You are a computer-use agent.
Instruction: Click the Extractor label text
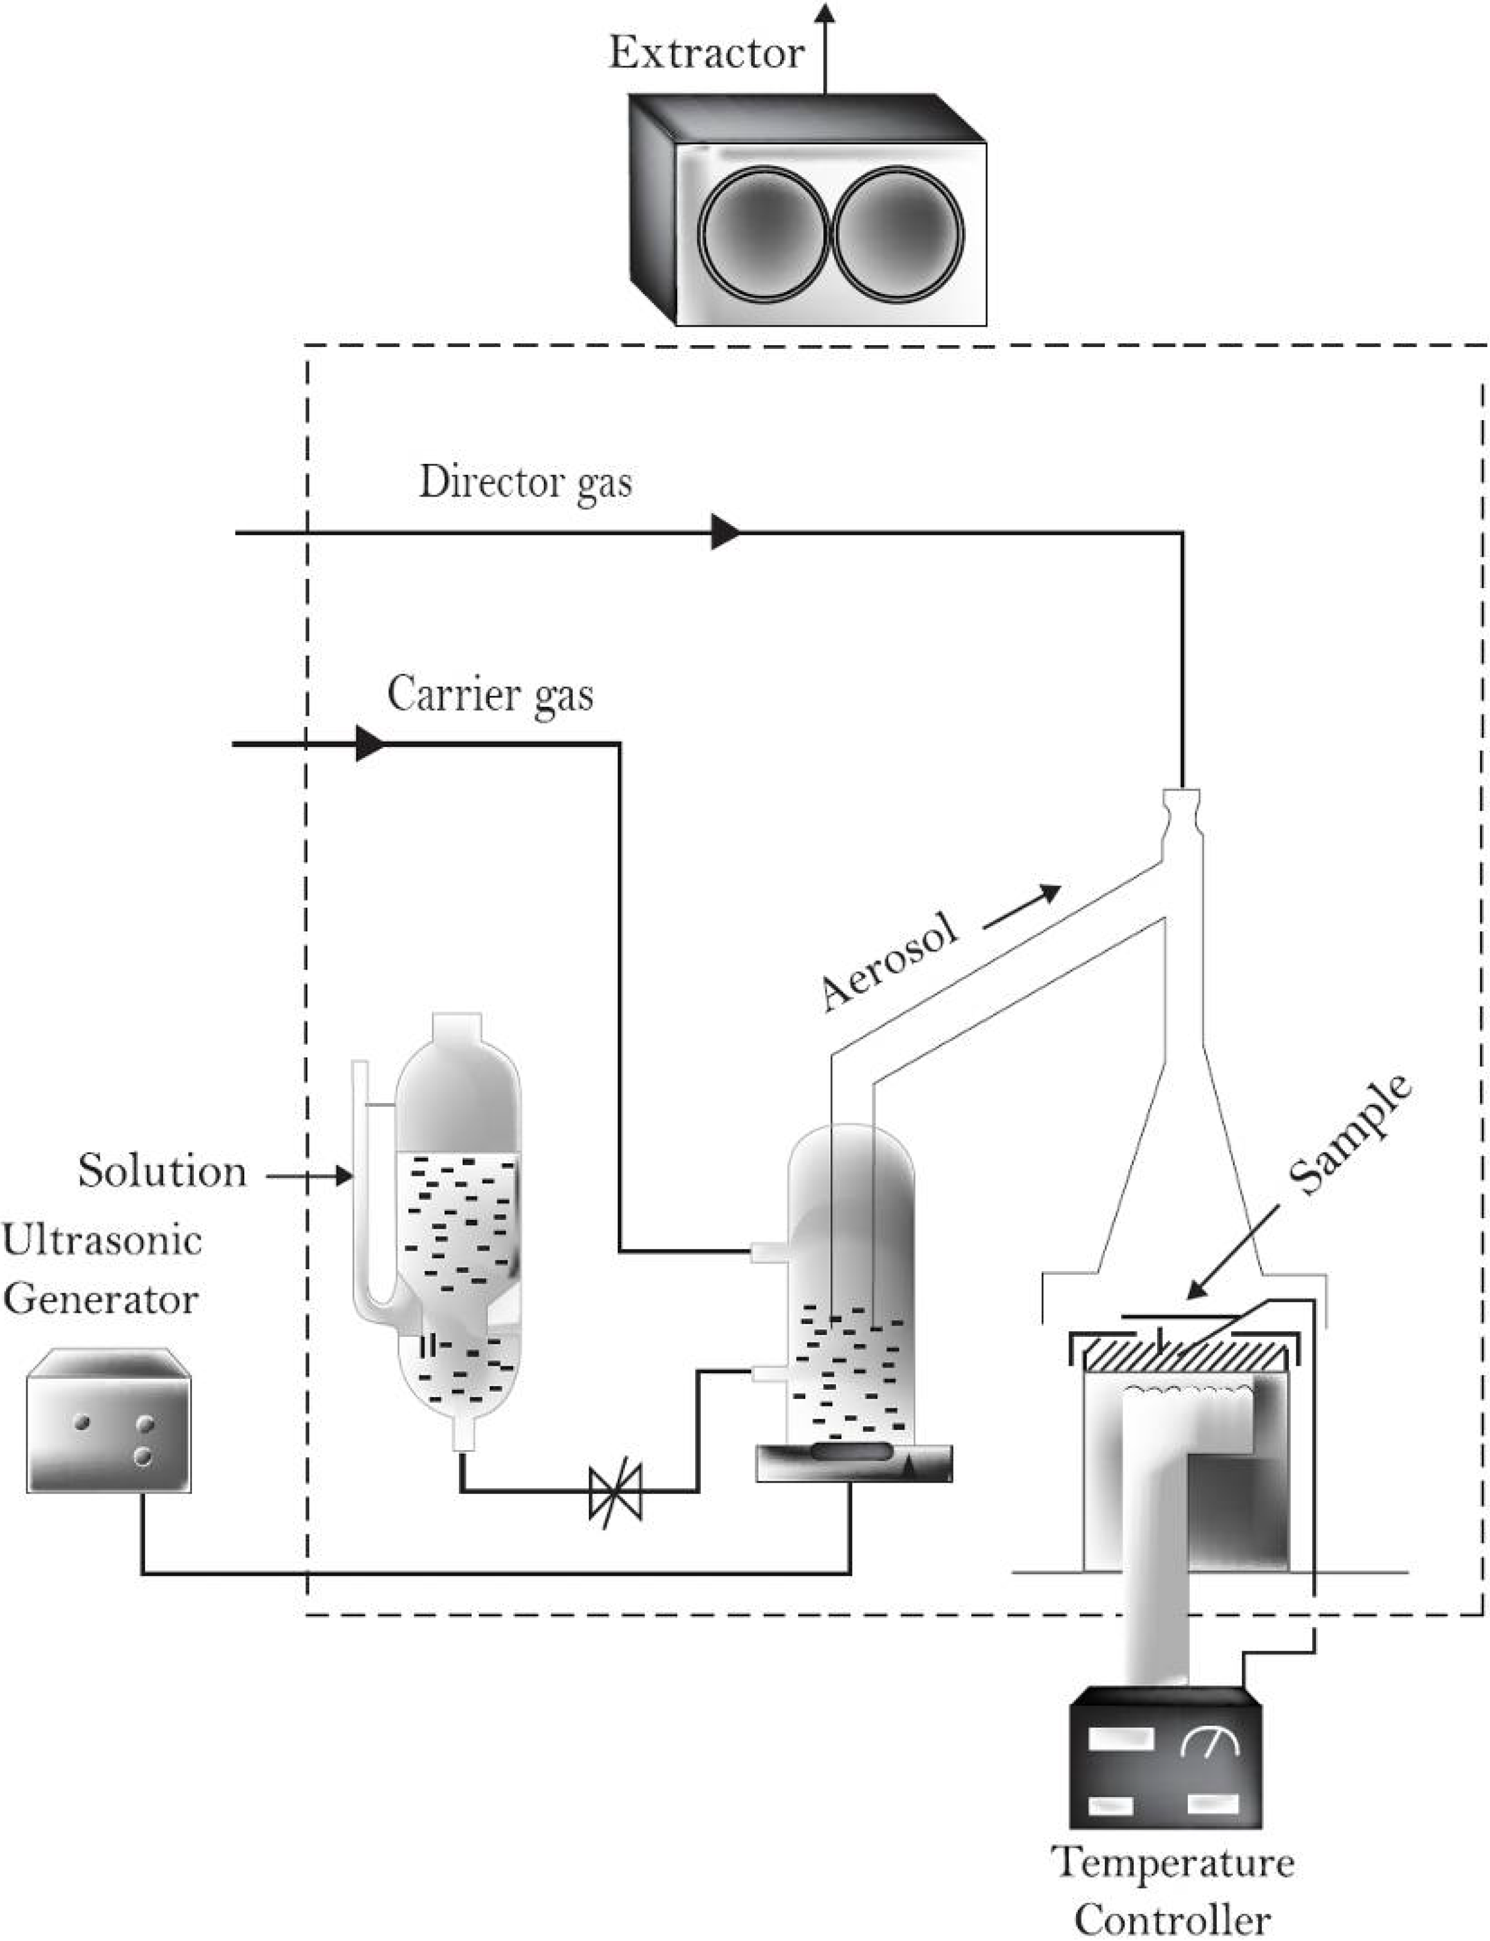[x=706, y=53]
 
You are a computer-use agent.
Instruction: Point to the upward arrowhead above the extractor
[x=825, y=12]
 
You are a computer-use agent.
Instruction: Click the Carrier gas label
[x=490, y=695]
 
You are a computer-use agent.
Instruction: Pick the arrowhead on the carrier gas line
[x=370, y=743]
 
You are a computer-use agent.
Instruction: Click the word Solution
[x=162, y=1171]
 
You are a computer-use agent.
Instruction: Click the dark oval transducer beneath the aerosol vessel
[x=851, y=1451]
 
